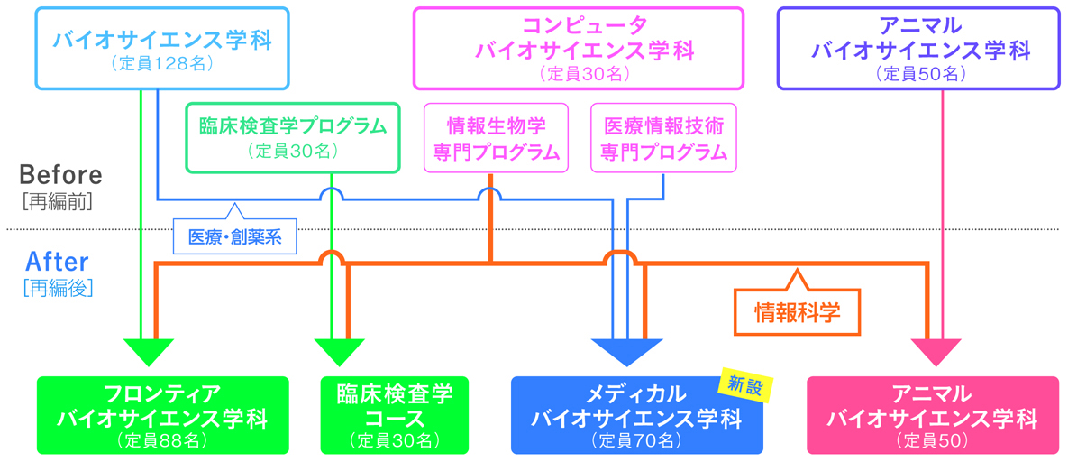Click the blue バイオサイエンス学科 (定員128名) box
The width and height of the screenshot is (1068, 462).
tap(162, 48)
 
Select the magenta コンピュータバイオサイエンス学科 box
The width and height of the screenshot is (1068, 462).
tap(579, 48)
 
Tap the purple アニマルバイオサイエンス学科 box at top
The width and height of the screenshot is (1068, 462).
tap(918, 48)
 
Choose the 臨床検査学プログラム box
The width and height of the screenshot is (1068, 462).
tap(293, 136)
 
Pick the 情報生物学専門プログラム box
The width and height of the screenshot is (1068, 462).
tap(497, 137)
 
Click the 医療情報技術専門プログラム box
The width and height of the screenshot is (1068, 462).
tap(663, 137)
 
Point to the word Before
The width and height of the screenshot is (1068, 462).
tap(60, 174)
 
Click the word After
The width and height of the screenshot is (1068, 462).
tap(57, 263)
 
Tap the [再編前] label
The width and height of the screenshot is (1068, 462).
tap(56, 201)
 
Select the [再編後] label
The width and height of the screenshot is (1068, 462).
tap(58, 289)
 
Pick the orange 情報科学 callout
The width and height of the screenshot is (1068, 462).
tap(797, 311)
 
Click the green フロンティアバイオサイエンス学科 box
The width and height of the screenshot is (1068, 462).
tap(162, 415)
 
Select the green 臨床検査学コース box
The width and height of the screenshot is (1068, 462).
tap(395, 415)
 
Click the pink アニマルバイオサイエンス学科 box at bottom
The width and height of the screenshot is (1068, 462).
tap(932, 415)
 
